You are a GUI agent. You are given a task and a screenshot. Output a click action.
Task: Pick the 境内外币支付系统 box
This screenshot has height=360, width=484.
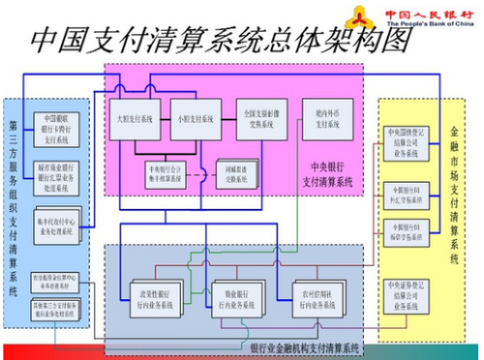(323, 120)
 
